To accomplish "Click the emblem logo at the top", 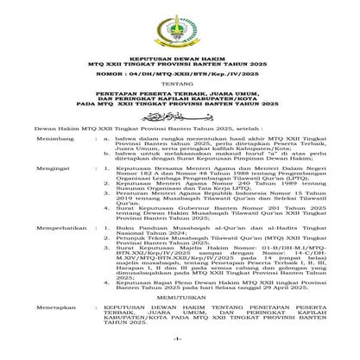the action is [180, 27].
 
